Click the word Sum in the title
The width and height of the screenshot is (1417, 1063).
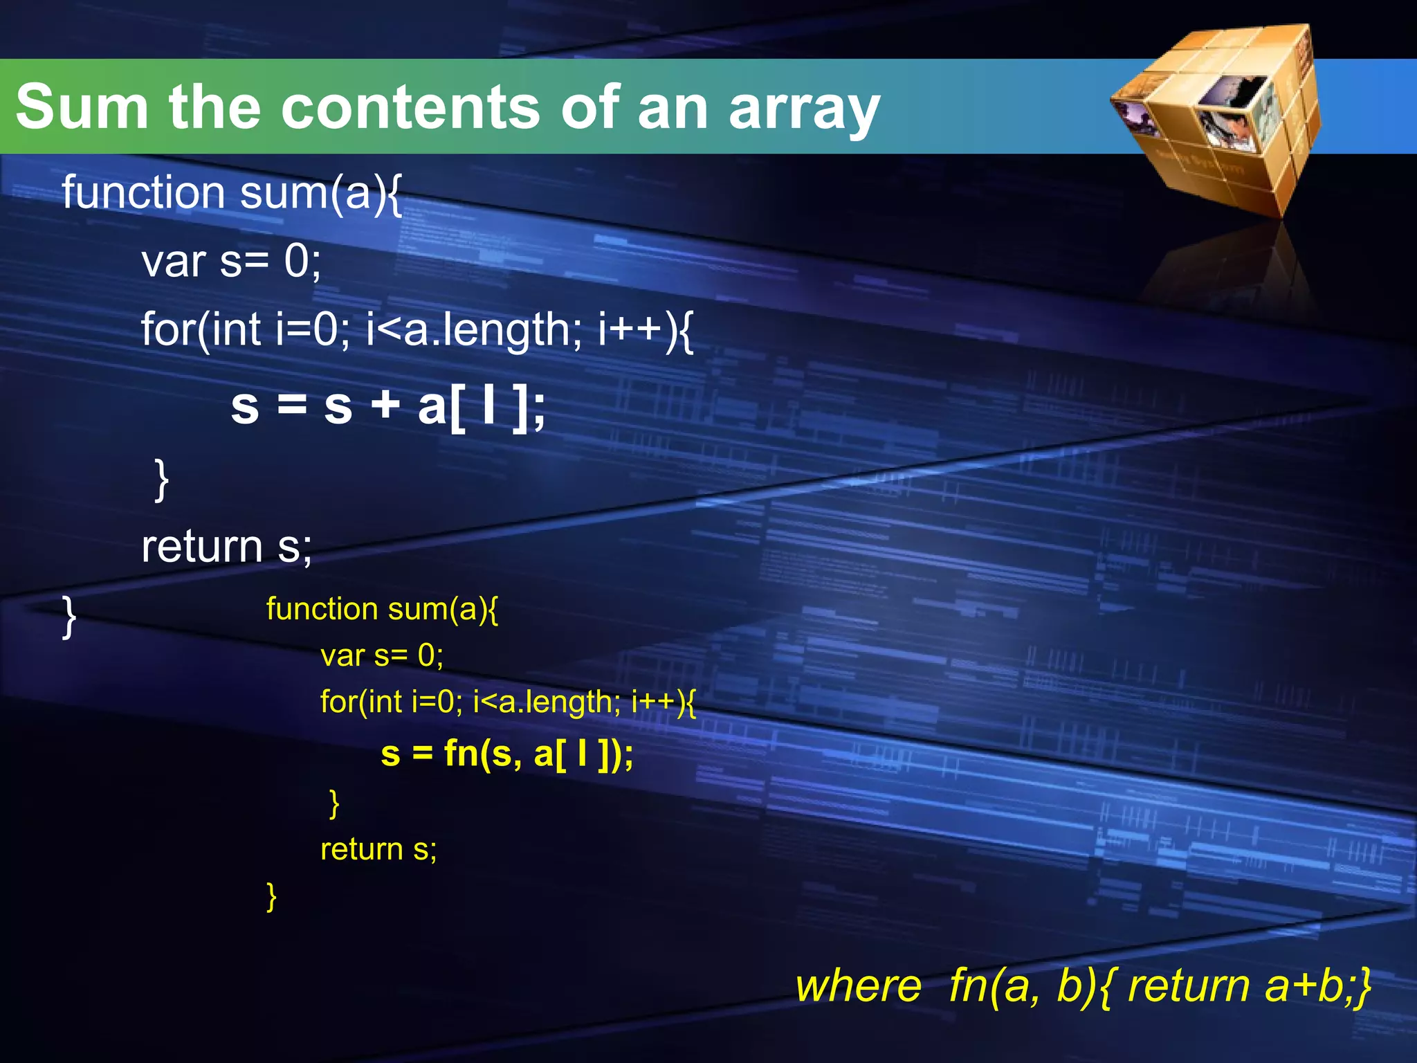point(82,107)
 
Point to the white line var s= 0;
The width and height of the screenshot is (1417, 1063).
point(231,262)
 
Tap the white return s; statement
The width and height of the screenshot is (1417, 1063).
point(226,547)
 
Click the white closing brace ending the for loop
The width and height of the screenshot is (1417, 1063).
point(161,479)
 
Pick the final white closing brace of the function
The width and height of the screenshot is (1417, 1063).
point(69,616)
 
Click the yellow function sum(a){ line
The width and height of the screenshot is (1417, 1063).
point(381,609)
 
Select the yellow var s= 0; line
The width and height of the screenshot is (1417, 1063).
point(381,655)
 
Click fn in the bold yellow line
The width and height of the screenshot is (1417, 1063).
point(461,753)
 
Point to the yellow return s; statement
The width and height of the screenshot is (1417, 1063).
point(378,849)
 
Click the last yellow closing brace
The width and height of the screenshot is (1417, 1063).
point(272,896)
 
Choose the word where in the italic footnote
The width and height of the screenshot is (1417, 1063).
point(858,985)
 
